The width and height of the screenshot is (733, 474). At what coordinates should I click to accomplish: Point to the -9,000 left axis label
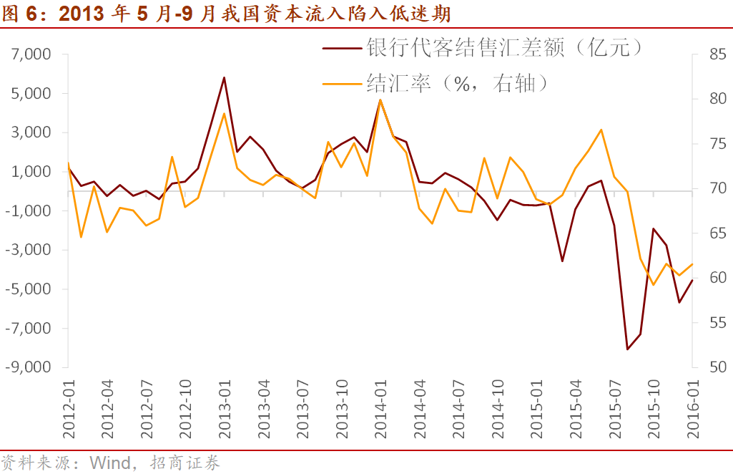tap(29, 367)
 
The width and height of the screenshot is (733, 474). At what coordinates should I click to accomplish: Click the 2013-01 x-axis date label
tap(225, 408)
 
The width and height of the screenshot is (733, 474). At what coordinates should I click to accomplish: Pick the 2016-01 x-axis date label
tap(692, 408)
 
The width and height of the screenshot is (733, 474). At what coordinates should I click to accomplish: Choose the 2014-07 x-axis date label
tap(458, 408)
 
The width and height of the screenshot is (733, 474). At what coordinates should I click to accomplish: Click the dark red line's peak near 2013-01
tap(224, 77)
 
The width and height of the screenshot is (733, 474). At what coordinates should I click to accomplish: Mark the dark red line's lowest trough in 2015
tap(627, 349)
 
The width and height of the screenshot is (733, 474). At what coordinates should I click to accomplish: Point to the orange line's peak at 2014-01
tap(380, 100)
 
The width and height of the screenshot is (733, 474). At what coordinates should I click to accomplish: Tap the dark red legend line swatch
tap(343, 49)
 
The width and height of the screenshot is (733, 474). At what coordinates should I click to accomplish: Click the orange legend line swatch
tap(343, 84)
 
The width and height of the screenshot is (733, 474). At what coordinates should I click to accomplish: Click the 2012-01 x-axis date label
tap(68, 408)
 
